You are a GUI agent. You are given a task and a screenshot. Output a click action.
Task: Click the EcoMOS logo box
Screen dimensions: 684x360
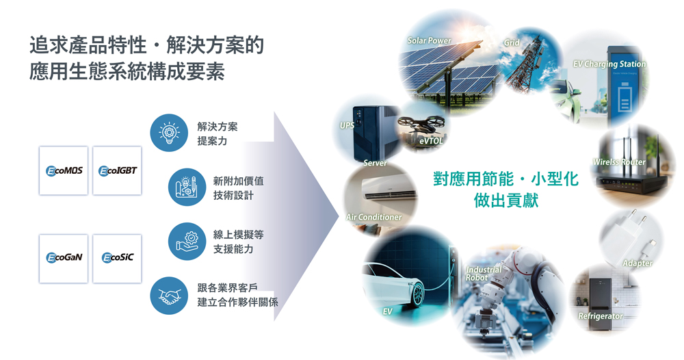pos(64,170)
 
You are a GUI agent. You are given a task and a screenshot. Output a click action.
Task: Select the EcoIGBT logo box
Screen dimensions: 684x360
pos(118,170)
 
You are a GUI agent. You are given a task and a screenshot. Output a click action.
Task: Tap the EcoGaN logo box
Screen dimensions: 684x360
pos(64,258)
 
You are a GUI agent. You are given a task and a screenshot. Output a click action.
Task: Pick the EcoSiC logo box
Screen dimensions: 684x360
pos(118,258)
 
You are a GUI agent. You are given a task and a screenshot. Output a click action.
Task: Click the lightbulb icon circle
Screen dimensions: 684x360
pos(169,133)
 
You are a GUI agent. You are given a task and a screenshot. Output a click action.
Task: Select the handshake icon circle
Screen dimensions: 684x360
pos(169,296)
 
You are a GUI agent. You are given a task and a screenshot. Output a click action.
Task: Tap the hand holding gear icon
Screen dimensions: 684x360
pos(187,242)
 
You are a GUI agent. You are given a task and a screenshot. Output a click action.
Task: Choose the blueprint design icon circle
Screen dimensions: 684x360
pos(187,188)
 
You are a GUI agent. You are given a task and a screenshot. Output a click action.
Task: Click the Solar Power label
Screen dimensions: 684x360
pos(430,40)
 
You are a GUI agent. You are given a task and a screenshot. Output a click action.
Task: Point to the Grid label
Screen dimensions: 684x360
pos(512,42)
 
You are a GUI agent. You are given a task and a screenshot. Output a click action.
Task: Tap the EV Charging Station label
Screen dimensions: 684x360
pos(609,64)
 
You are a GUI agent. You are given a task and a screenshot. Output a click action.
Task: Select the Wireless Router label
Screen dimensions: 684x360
pos(619,162)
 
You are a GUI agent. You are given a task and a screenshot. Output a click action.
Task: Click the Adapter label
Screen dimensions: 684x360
pos(637,263)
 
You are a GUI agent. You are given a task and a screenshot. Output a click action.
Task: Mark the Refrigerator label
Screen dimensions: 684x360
pos(601,316)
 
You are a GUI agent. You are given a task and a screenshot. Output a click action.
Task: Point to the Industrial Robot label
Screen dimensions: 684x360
pos(484,274)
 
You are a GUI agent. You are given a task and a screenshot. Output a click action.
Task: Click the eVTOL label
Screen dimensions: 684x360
pos(431,141)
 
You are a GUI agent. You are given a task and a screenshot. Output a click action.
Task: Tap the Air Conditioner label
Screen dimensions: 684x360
pos(374,217)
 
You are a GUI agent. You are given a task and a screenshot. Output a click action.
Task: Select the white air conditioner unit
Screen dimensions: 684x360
pos(389,188)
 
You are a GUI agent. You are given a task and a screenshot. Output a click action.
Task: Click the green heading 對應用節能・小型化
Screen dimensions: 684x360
pos(506,179)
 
